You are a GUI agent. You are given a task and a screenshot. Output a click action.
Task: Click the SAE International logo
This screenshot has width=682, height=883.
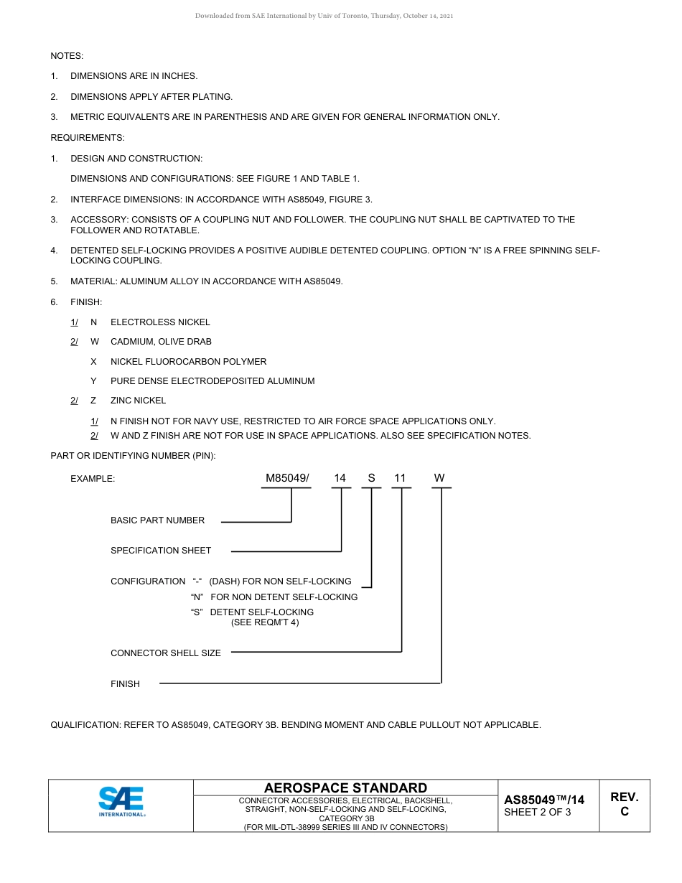point(121,801)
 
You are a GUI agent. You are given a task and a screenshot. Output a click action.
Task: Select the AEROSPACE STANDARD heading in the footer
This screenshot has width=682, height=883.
point(345,788)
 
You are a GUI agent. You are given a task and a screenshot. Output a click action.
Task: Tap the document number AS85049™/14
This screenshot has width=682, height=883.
point(544,800)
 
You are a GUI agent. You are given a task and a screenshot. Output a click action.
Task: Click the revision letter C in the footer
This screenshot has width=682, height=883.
point(625,812)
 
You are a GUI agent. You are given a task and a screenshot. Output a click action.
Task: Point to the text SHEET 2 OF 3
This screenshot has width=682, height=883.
point(538,813)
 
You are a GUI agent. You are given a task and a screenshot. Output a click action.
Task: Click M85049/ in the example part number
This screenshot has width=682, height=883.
point(287,478)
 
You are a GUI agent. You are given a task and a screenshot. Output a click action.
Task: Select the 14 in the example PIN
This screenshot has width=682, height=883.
point(340,478)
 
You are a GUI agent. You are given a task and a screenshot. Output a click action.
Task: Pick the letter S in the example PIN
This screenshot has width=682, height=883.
point(371,478)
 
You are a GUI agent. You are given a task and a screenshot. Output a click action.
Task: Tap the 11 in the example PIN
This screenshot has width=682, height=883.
point(401,478)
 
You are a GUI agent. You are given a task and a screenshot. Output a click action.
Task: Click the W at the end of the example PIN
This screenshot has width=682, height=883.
point(439,478)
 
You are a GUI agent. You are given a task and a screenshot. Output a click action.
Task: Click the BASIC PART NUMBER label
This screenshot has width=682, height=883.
point(157,520)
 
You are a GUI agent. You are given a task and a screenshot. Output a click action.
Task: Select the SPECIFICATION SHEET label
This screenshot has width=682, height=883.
point(161,551)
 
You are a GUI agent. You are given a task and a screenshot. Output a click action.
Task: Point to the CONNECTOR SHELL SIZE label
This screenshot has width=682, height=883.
point(166,653)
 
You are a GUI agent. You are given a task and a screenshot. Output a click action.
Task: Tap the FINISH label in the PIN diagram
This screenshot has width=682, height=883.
point(125,684)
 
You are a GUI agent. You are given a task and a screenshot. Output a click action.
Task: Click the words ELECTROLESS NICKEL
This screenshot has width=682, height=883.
point(160,322)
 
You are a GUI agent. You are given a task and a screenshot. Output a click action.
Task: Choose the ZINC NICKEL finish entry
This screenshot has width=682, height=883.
point(138,401)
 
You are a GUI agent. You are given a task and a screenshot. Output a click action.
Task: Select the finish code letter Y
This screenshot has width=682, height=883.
point(93,381)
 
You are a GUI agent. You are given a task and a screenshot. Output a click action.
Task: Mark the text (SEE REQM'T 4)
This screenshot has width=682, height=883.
point(265,622)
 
